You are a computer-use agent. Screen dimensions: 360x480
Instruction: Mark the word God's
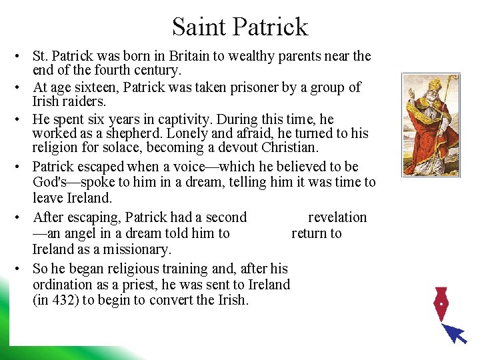(x=53, y=182)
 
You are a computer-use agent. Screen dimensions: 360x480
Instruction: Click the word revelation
(x=337, y=217)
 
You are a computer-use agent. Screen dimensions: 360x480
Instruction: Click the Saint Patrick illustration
(x=430, y=125)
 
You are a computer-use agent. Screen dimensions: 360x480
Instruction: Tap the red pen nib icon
(x=441, y=305)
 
